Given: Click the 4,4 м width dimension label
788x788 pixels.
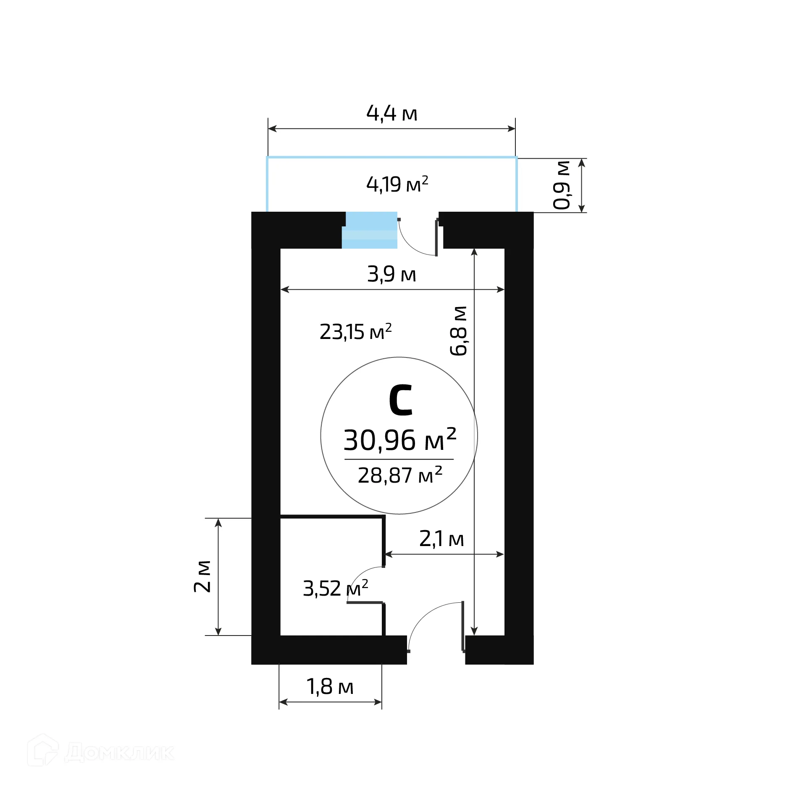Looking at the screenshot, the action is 392,113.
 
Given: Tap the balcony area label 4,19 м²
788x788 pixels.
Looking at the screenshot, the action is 397,184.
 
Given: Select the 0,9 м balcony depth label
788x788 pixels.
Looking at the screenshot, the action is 562,185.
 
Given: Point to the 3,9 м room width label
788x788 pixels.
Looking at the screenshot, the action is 391,274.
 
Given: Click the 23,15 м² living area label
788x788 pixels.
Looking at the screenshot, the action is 355,332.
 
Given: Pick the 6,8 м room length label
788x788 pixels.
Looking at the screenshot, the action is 458,331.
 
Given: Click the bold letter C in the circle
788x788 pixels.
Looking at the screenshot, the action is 400,400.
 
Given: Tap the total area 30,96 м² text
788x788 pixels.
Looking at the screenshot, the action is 400,440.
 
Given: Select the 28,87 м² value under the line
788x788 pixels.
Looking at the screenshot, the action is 400,475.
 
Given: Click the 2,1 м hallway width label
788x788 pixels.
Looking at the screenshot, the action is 441,539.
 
